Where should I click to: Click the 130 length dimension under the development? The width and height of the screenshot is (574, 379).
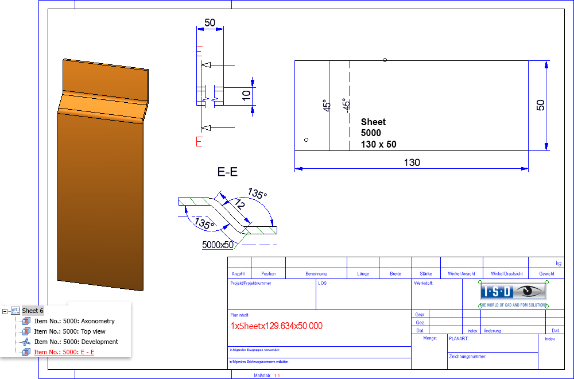tap(412, 163)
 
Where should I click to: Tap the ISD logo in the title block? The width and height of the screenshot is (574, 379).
tap(513, 292)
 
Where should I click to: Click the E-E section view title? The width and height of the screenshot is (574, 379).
tap(227, 172)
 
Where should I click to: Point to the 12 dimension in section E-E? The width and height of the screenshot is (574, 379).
tap(239, 205)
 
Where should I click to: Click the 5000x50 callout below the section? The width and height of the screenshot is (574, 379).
tap(218, 245)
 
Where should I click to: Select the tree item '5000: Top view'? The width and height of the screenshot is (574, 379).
tap(69, 331)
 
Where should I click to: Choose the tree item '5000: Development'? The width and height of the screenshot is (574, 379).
tap(76, 342)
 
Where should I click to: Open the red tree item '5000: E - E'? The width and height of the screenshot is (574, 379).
tap(64, 352)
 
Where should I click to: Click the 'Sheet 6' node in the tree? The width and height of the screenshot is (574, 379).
tap(33, 311)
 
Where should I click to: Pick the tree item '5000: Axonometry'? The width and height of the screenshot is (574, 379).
tap(74, 321)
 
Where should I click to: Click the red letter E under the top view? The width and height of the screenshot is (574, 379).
tap(199, 142)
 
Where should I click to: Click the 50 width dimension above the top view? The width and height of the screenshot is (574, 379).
tap(210, 22)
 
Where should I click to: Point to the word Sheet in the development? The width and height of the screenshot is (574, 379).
tap(373, 122)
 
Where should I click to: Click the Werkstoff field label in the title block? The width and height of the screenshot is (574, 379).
tap(423, 283)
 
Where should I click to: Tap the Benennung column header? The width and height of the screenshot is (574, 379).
tap(316, 274)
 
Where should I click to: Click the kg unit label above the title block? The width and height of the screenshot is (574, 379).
tap(559, 263)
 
